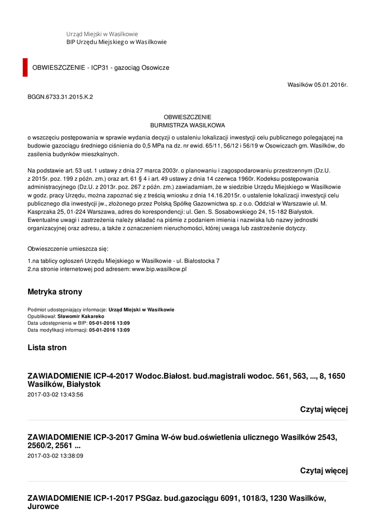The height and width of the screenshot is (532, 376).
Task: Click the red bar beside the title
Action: pos(25,68)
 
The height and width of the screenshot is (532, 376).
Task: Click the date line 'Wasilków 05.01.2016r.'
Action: pos(317,84)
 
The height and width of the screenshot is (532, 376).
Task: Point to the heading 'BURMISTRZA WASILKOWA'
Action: pos(187,125)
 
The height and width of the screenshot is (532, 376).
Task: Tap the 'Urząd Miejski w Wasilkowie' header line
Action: pos(102,34)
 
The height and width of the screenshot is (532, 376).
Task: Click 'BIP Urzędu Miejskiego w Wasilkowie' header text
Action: pos(116,42)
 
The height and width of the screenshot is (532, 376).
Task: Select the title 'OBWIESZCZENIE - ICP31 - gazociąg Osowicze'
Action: pos(101,68)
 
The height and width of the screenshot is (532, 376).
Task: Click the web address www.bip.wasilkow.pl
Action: pos(159,269)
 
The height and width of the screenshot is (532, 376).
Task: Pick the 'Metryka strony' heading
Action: pos(55,292)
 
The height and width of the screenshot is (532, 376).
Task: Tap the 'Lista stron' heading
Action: pos(47,348)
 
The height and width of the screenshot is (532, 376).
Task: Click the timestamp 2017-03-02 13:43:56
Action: pos(55,395)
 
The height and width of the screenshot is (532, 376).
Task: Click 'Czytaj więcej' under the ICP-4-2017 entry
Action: pos(324,410)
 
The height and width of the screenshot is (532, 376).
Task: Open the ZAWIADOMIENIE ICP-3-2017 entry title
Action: pos(182,442)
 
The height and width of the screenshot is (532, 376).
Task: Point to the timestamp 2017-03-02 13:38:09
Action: pos(55,456)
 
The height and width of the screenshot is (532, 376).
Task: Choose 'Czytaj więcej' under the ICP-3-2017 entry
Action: pos(324,471)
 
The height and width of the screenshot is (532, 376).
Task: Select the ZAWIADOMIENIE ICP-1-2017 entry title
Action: pos(177,502)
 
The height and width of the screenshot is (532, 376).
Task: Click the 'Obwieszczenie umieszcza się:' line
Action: pos(68,249)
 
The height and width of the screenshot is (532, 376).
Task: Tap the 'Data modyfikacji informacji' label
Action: pos(57,330)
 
